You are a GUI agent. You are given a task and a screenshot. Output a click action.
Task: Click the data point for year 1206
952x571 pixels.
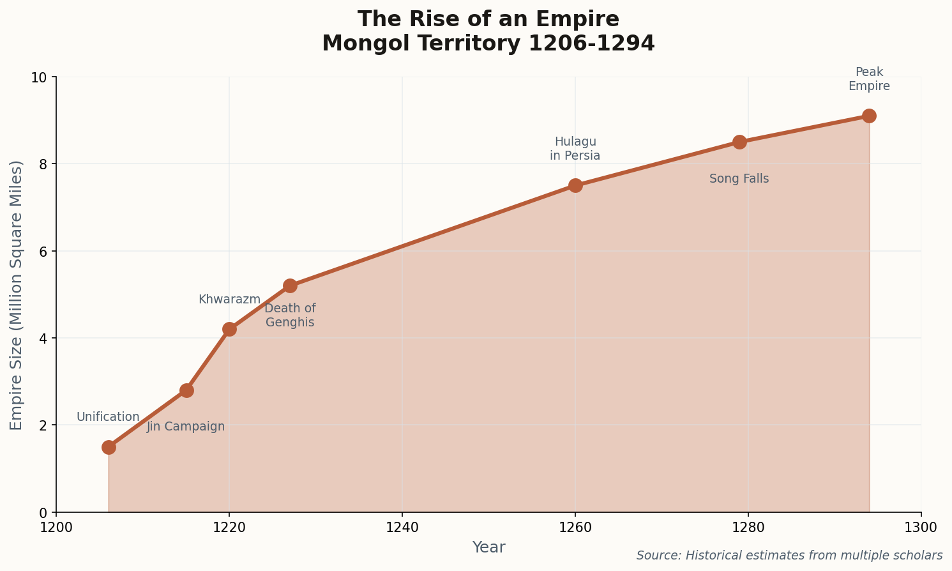[x=109, y=446]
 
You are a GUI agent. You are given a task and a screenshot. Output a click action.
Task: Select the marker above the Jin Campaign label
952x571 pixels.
[x=186, y=390]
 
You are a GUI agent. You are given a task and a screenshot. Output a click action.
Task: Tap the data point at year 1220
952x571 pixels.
[x=229, y=329]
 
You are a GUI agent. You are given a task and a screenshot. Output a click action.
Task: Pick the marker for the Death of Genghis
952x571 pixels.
[x=290, y=285]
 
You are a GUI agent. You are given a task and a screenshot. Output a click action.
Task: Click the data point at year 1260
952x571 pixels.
[x=575, y=185]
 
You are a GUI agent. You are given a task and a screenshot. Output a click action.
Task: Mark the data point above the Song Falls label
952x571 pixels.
[x=739, y=142]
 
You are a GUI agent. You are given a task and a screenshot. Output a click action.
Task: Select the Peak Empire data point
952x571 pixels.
[x=869, y=116]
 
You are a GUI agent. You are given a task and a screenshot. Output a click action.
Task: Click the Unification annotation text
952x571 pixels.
[x=108, y=417]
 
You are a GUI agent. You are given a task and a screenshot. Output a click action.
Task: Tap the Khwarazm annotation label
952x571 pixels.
[x=229, y=300]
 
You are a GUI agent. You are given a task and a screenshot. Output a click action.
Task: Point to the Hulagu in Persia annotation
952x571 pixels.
[x=575, y=149]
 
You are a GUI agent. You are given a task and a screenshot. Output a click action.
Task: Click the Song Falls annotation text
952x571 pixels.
[x=739, y=179]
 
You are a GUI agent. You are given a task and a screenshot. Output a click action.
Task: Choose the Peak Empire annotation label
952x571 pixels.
[x=869, y=79]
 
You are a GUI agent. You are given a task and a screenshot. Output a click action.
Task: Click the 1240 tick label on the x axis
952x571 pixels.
[x=402, y=528]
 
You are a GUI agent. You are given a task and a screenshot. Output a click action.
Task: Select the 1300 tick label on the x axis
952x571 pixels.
[x=921, y=528]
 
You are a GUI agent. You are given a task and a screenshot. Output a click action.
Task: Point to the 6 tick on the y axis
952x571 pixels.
[x=43, y=252]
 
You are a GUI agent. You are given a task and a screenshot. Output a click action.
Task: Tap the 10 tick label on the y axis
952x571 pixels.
[x=40, y=77]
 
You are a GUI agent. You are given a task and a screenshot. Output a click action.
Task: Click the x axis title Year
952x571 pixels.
[x=488, y=547]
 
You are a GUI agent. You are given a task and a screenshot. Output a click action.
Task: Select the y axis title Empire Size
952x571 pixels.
[x=17, y=295]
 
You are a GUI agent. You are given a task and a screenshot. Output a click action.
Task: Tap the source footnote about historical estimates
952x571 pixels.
[x=789, y=556]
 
